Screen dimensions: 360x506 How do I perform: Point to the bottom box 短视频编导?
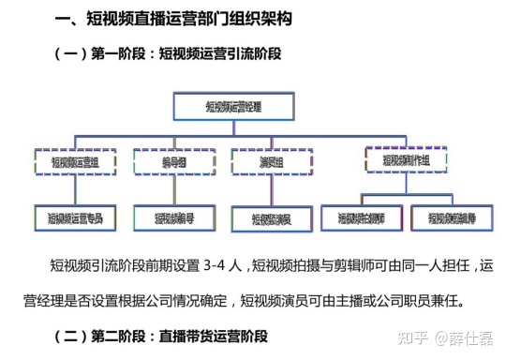(x=174, y=218)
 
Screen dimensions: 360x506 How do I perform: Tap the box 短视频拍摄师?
(x=360, y=217)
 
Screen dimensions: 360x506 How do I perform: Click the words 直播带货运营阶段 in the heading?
(x=209, y=335)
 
